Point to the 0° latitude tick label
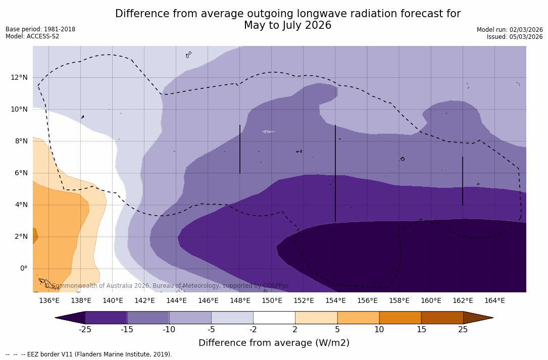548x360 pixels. (23, 268)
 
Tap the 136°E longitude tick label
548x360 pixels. (49, 300)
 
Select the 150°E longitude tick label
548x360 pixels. (272, 300)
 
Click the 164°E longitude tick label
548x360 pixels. (494, 300)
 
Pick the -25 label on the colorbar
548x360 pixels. (85, 330)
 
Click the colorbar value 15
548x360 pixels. (421, 330)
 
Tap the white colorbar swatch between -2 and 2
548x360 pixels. (274, 318)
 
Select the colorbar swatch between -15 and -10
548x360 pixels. (148, 318)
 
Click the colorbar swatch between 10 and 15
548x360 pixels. (400, 318)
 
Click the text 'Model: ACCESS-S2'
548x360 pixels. (32, 36)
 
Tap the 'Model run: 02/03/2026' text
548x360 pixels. (510, 30)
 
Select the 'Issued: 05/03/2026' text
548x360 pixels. (515, 37)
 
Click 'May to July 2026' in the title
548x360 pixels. (287, 25)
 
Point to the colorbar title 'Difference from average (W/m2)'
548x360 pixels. (274, 343)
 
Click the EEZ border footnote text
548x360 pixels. (89, 354)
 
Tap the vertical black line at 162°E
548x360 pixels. (462, 181)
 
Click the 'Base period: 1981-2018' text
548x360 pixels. (40, 29)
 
